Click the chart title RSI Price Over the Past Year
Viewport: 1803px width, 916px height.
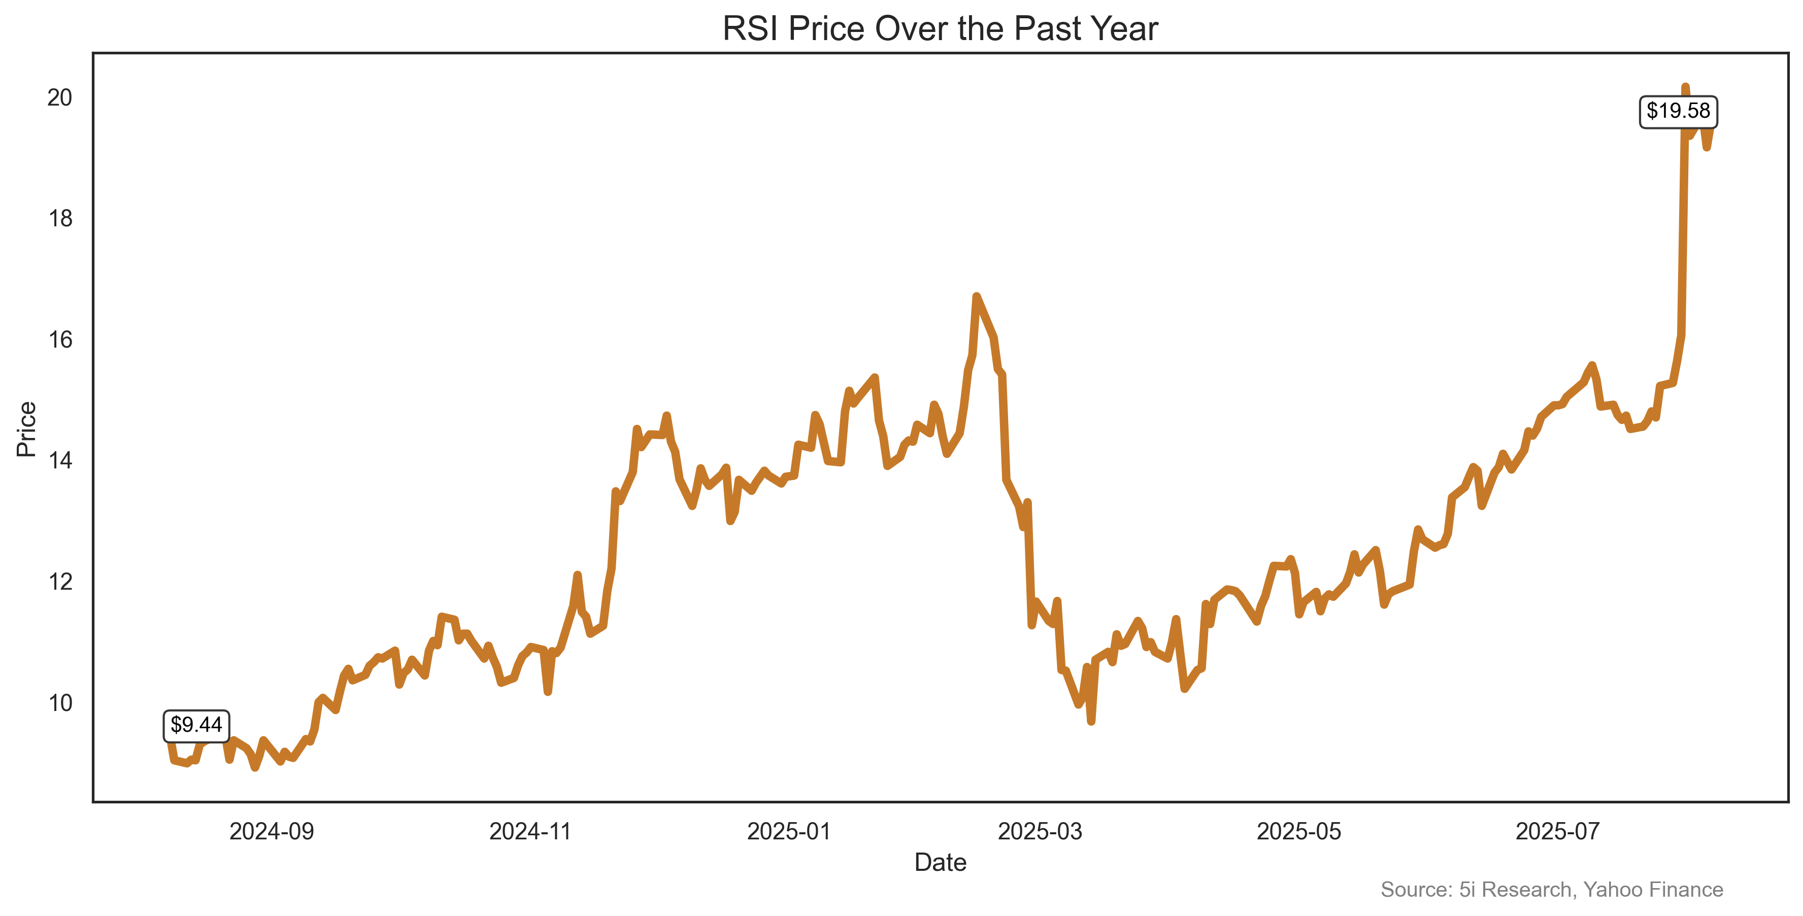tap(940, 29)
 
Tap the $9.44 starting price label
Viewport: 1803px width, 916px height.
tap(196, 725)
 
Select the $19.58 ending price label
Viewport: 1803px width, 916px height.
tap(1678, 111)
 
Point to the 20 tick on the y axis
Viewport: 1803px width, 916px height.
tap(60, 98)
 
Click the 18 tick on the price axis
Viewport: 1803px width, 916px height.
tap(60, 219)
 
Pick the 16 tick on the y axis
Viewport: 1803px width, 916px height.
tap(60, 340)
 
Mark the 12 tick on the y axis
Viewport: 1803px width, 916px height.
tap(60, 582)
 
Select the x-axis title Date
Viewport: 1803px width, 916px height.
tap(940, 863)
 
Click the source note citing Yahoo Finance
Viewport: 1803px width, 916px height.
tap(1552, 890)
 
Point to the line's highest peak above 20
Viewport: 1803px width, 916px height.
tap(1685, 87)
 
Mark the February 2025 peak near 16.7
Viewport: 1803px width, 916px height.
tap(977, 297)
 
